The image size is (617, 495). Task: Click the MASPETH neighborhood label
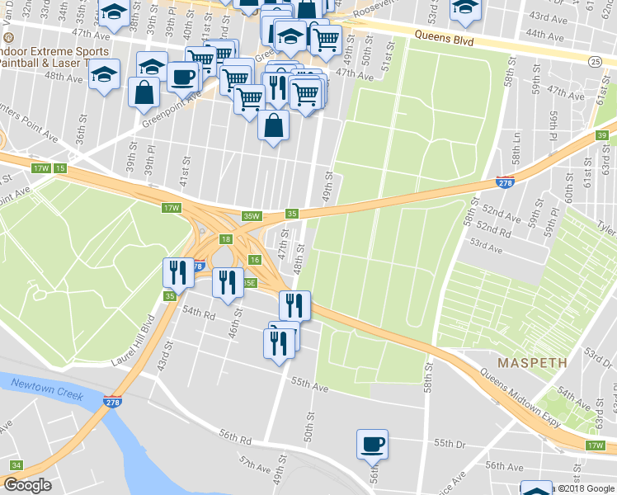tap(531, 362)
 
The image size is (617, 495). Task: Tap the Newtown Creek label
tap(48, 389)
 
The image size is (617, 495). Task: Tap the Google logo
tap(27, 485)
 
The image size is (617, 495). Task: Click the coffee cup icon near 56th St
tap(371, 445)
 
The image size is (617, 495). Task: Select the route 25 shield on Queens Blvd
tap(595, 61)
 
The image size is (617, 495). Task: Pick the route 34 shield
tap(16, 465)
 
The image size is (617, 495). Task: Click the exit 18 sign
tap(225, 239)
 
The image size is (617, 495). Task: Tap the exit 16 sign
tap(255, 260)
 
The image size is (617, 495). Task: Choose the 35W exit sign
tap(251, 216)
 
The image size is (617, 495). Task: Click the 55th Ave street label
tap(309, 385)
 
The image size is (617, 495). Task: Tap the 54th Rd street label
tap(198, 313)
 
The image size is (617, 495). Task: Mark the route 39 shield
tap(603, 135)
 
